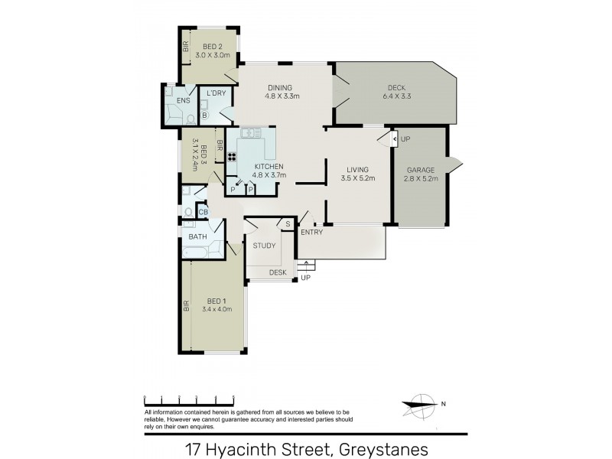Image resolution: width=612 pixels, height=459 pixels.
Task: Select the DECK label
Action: (396, 87)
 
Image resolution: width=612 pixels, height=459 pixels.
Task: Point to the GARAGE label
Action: (419, 169)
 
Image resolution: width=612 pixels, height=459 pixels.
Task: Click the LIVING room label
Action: (357, 170)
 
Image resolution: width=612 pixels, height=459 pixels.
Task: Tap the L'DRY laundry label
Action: (216, 93)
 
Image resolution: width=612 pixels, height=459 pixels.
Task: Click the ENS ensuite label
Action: (183, 100)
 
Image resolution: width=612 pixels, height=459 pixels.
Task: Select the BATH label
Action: (198, 237)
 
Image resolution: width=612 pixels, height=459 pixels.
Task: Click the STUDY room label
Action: (264, 246)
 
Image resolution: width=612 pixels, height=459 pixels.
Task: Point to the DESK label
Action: (278, 272)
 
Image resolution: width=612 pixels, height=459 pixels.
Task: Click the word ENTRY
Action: (311, 232)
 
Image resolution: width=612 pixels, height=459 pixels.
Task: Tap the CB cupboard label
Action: (203, 213)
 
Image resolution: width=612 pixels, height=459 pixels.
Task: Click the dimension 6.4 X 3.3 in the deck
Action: (396, 97)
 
